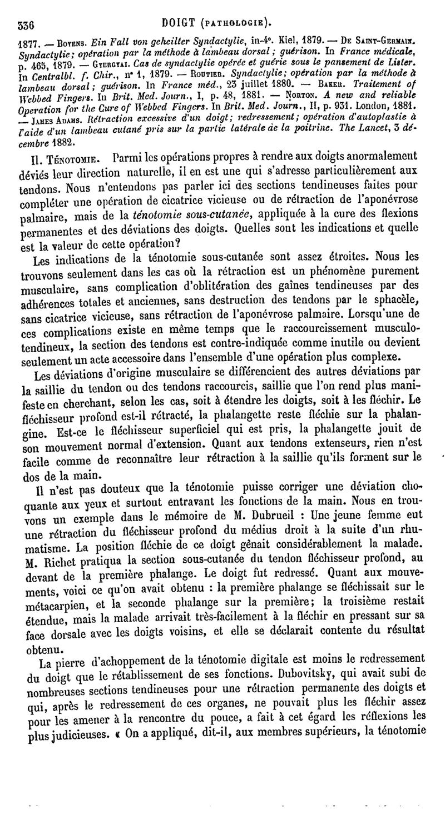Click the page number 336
point(27,24)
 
